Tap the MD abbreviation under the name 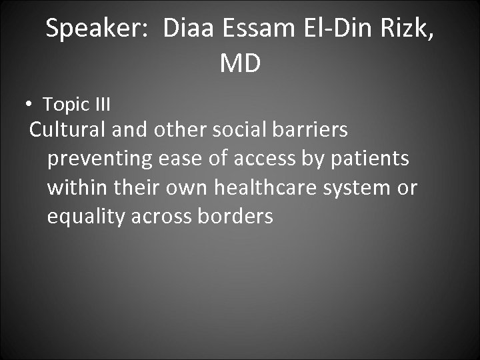[239, 63]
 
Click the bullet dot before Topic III [29, 105]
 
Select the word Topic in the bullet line [66, 104]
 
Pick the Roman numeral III [102, 104]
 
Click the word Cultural [68, 129]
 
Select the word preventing [100, 159]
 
